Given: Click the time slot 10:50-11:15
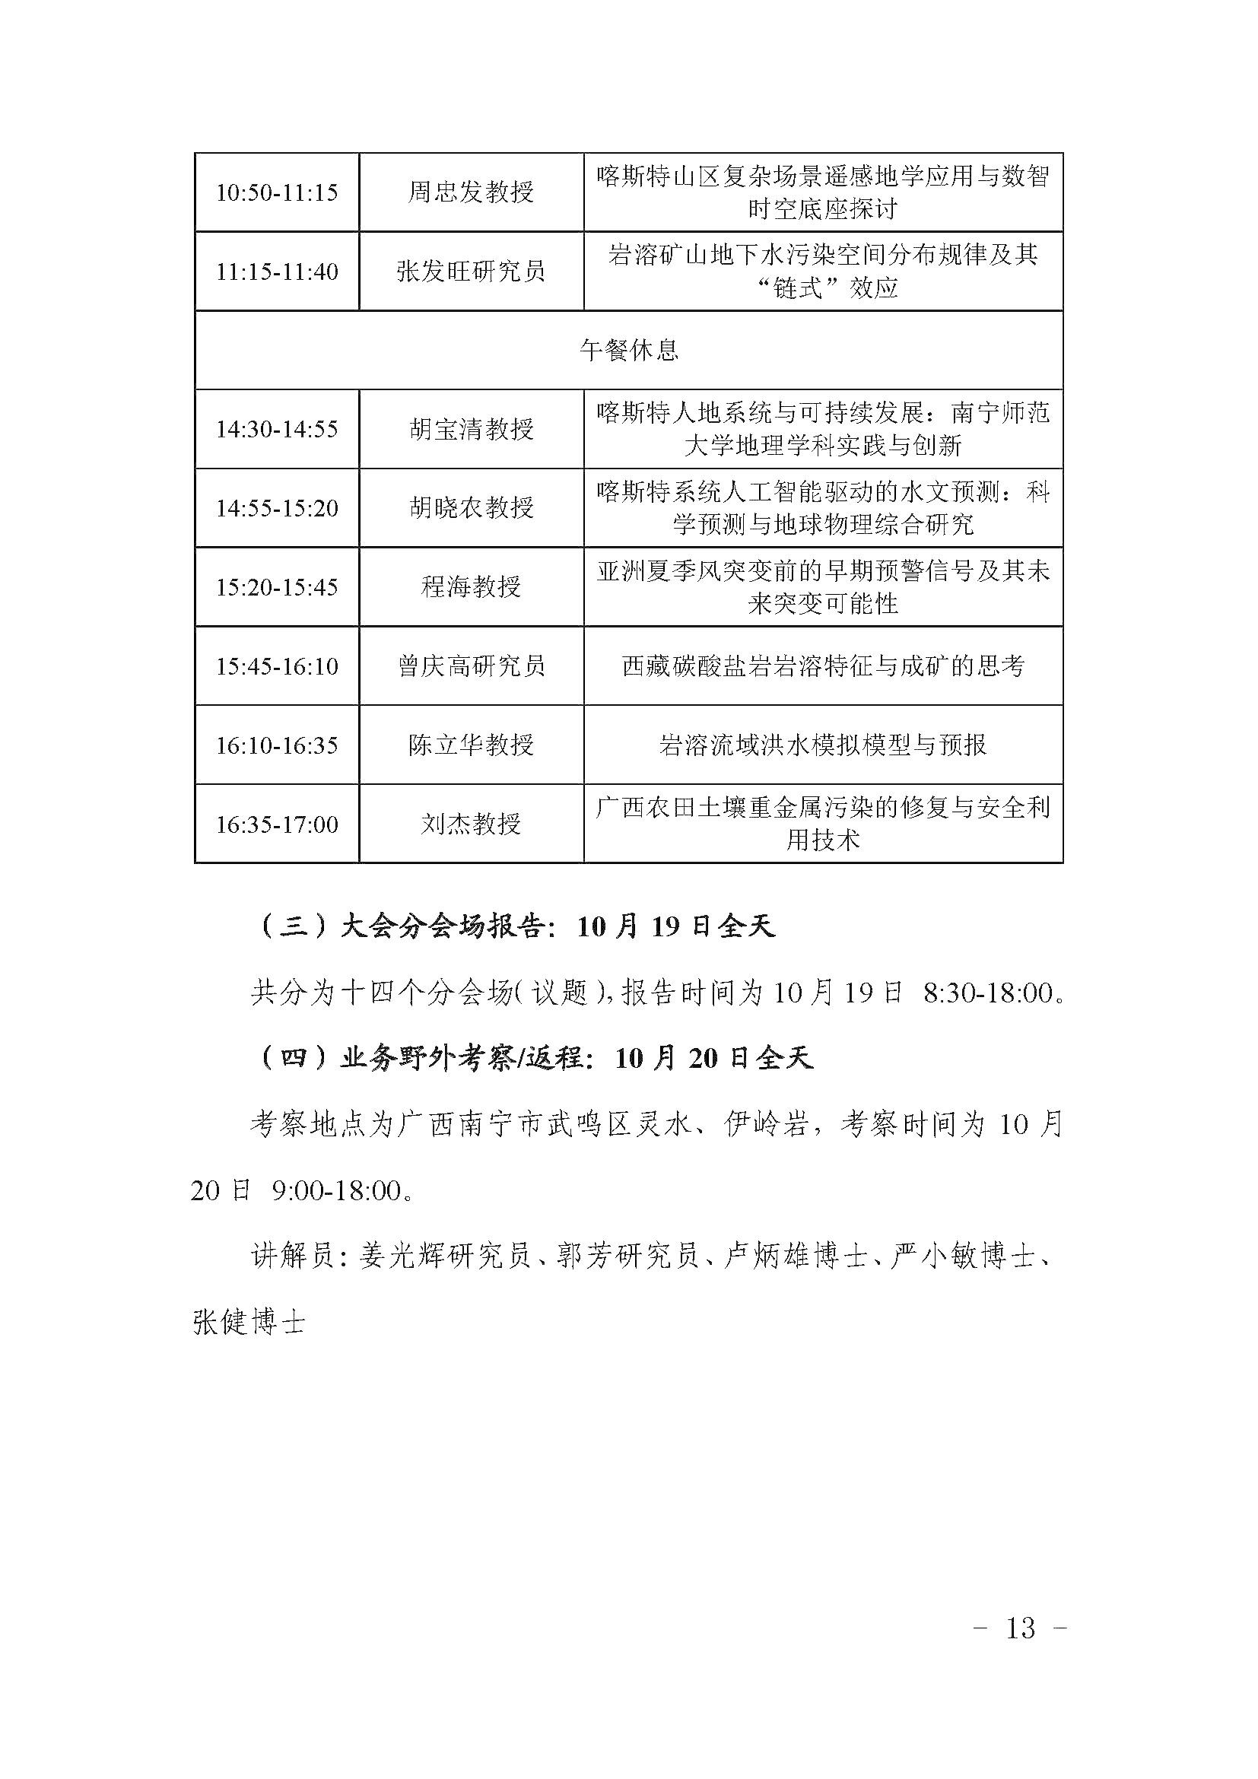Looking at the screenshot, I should (x=277, y=192).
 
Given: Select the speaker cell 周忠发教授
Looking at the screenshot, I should (x=471, y=192).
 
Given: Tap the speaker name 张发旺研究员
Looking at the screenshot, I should (x=471, y=272).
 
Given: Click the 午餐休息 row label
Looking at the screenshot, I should (x=628, y=350).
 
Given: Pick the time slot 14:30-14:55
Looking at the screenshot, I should (x=277, y=429).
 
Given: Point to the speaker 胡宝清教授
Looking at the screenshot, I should (x=471, y=429).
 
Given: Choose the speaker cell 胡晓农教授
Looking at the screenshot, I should (x=471, y=508).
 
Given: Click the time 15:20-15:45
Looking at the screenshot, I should (x=277, y=587).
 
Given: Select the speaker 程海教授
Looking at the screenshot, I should (x=471, y=587).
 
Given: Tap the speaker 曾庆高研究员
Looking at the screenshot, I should (x=471, y=666).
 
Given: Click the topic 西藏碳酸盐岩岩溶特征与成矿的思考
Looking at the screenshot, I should (x=823, y=666).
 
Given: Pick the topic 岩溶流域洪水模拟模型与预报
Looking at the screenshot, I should (x=823, y=745).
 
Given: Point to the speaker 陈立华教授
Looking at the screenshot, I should (x=471, y=745).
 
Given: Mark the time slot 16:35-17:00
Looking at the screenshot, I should (x=277, y=824).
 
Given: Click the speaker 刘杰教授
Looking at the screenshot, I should (x=471, y=824).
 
